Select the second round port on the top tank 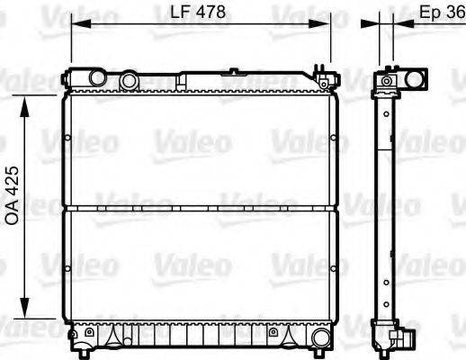point(130,81)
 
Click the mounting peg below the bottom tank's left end point(75,347)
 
